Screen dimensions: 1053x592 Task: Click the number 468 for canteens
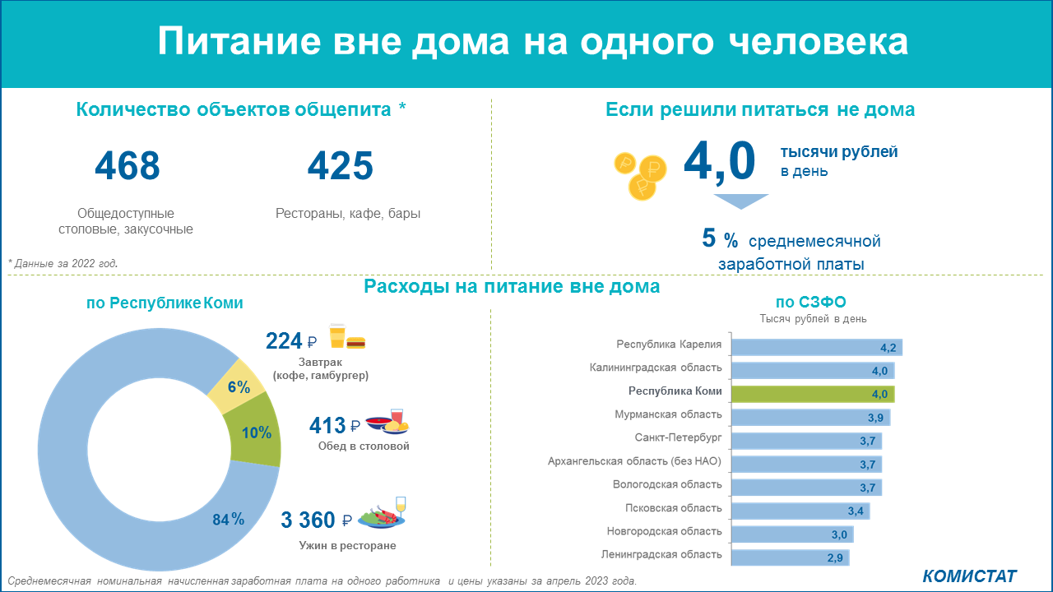click(128, 165)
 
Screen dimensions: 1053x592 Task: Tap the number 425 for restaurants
click(341, 165)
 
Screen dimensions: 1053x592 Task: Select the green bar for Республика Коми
click(813, 394)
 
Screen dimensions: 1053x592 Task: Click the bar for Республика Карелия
click(817, 347)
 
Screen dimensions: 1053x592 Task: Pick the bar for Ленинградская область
click(791, 557)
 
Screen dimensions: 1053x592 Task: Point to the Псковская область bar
click(800, 511)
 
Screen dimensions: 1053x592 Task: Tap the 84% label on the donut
click(229, 519)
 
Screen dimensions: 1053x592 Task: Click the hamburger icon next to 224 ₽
click(356, 343)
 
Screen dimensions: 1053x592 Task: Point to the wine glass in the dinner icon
click(401, 507)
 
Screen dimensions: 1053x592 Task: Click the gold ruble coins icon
click(640, 176)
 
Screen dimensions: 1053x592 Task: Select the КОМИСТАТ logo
click(969, 576)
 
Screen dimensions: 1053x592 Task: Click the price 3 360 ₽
click(316, 520)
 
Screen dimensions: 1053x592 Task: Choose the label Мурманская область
click(668, 414)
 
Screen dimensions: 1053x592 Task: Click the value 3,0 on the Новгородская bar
click(839, 534)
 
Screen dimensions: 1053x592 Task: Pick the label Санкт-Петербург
click(678, 438)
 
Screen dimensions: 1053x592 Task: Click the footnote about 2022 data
click(63, 264)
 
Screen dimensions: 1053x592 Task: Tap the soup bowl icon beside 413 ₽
click(379, 423)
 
